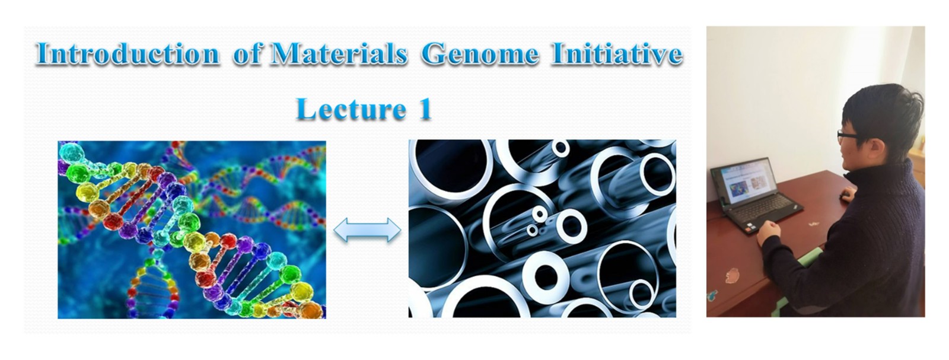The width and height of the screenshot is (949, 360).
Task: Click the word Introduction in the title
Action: tap(128, 54)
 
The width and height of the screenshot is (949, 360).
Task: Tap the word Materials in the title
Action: tap(338, 54)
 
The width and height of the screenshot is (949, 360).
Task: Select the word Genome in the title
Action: tap(480, 54)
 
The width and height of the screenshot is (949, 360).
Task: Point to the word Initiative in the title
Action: tap(616, 54)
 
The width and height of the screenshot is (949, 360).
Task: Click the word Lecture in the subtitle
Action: tap(351, 109)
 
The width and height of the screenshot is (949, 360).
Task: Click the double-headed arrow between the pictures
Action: tap(367, 230)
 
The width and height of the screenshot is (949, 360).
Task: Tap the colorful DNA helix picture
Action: tap(192, 229)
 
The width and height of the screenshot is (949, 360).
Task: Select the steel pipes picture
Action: tap(542, 228)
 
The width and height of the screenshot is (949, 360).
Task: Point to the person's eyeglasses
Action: tap(848, 136)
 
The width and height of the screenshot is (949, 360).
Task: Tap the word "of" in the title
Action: tap(247, 54)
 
